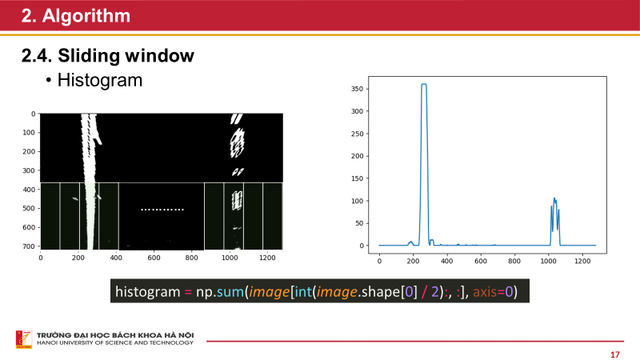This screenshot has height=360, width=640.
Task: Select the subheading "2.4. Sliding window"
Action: click(x=107, y=56)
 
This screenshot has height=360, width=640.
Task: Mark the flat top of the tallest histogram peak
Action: click(x=424, y=84)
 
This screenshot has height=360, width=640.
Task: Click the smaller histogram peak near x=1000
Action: click(x=554, y=200)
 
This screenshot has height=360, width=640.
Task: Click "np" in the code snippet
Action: click(x=205, y=291)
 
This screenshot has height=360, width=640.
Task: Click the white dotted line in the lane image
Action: click(x=162, y=210)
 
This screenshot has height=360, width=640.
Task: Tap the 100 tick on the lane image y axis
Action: click(x=30, y=133)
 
